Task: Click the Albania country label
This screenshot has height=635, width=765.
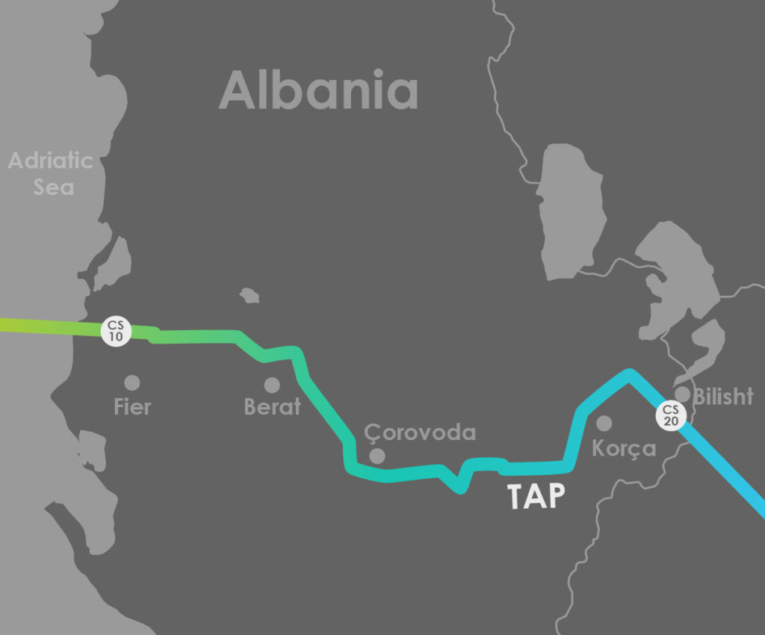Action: click(x=318, y=90)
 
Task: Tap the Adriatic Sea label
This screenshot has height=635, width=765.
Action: click(x=51, y=173)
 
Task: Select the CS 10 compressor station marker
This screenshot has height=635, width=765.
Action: click(x=117, y=330)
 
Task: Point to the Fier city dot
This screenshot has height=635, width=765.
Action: click(x=132, y=382)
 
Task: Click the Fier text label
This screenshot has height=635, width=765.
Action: click(x=132, y=407)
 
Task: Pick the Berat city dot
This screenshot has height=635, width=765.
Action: click(x=272, y=385)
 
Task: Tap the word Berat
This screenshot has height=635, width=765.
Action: click(x=272, y=407)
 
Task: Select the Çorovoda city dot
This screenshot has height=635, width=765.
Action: click(x=377, y=456)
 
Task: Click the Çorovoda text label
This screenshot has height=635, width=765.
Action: click(x=419, y=433)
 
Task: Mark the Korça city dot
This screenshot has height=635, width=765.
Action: click(x=604, y=424)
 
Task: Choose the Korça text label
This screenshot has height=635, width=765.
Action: click(x=623, y=449)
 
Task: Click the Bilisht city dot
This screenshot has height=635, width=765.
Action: click(x=682, y=394)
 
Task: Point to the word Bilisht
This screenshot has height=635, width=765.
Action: click(x=722, y=397)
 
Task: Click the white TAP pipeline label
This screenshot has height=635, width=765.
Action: click(x=536, y=497)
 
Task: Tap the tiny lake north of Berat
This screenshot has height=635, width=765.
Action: click(x=249, y=296)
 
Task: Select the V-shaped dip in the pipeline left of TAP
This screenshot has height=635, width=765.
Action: click(x=459, y=488)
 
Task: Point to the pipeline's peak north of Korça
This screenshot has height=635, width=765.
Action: click(x=630, y=373)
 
